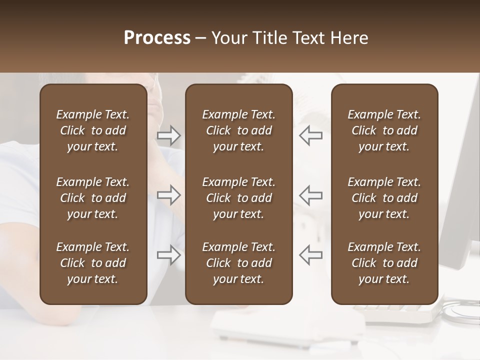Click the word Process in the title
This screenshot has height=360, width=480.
tap(157, 38)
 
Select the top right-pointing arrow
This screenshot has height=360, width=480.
tap(169, 135)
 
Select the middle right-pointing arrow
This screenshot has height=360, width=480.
tap(169, 195)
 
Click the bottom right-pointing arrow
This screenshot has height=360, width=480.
tap(169, 255)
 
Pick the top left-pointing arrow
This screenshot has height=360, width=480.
tap(310, 135)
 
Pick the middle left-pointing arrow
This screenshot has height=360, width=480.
tap(310, 195)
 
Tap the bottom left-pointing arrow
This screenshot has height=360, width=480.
tap(310, 255)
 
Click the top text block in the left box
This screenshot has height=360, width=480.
tap(93, 130)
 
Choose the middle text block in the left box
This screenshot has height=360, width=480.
tap(93, 198)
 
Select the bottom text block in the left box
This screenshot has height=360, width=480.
tap(93, 263)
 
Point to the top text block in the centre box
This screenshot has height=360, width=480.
tap(238, 130)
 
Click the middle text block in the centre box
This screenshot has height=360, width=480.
tap(238, 198)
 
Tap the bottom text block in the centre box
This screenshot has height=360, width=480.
tap(238, 263)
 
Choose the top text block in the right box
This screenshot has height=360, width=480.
tap(384, 130)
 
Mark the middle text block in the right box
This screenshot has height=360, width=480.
tap(384, 198)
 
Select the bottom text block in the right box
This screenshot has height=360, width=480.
tap(384, 263)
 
